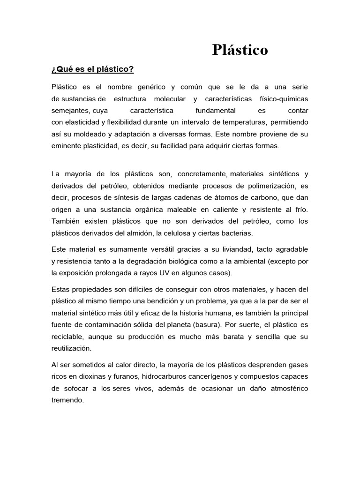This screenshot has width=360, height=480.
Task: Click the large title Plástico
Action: pos(240,50)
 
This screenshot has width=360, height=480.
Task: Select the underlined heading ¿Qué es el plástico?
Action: pos(92,69)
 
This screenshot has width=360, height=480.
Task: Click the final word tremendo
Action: pos(67,400)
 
